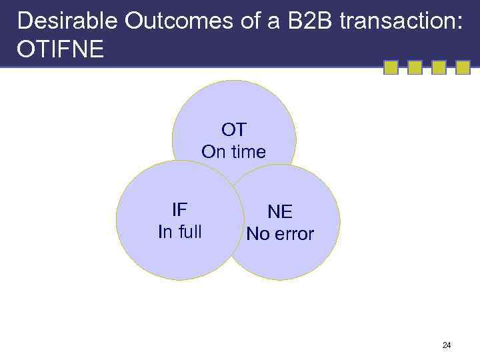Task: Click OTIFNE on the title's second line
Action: point(61,50)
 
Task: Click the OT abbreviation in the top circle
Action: point(234,129)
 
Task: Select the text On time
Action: point(234,152)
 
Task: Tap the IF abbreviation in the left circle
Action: point(179,210)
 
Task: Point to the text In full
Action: point(179,232)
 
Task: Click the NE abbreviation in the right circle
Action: point(280,212)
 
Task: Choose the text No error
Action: point(280,235)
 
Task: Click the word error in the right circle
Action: point(293,235)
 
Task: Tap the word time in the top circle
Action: point(248,152)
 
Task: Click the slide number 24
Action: point(447,345)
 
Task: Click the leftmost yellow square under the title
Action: point(391,67)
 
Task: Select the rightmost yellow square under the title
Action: point(463,67)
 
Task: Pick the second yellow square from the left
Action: point(415,67)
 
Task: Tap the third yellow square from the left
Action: point(439,67)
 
